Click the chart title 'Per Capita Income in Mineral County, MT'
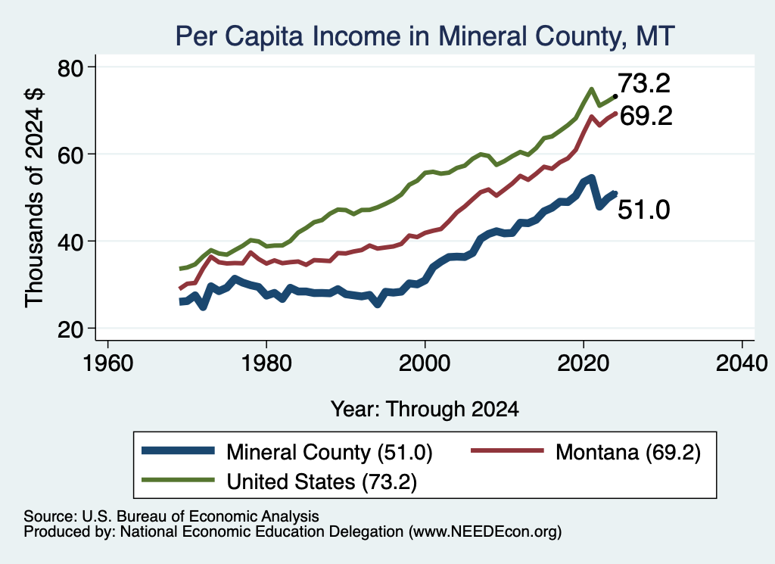click(x=425, y=36)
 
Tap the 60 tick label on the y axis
click(x=70, y=154)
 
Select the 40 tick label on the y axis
click(x=70, y=241)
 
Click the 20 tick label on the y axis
click(x=70, y=329)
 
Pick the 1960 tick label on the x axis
click(x=107, y=363)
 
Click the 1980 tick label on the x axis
click(x=266, y=363)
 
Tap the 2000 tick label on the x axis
click(x=425, y=363)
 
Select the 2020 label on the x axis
click(x=584, y=363)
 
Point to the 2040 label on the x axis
click(x=742, y=363)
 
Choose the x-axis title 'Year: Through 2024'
click(x=425, y=410)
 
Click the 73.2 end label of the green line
click(x=644, y=83)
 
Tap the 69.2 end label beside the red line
click(x=646, y=116)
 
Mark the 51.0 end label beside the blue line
click(x=644, y=210)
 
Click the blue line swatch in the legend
click(x=178, y=450)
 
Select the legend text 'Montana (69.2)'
click(x=628, y=452)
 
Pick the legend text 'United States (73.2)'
click(x=322, y=481)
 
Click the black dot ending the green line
click(x=615, y=96)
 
